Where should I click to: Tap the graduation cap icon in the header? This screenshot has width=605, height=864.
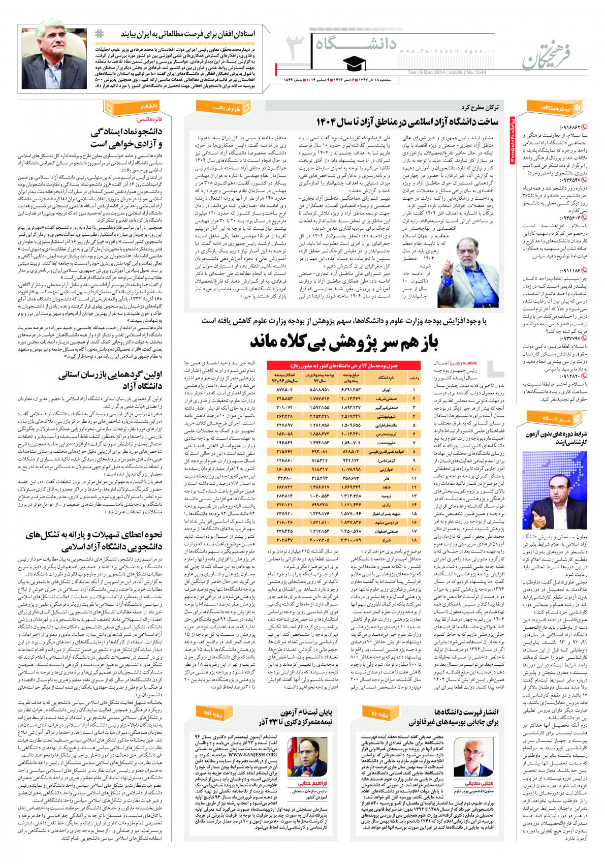pyautogui.click(x=351, y=63)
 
